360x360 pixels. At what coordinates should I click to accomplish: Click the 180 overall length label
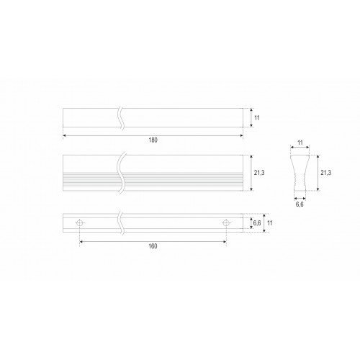(153, 140)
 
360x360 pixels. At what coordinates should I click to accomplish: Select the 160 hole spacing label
(153, 246)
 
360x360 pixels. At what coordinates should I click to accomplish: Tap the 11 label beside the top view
(257, 118)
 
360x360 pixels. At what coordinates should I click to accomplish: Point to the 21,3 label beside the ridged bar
(259, 173)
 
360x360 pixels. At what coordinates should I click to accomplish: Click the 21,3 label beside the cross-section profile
(325, 173)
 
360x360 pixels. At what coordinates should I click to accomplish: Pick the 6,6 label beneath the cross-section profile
(300, 204)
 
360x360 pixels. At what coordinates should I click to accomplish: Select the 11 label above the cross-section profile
(300, 143)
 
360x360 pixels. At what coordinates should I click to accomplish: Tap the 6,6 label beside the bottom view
(257, 223)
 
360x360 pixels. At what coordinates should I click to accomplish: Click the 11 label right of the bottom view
(270, 223)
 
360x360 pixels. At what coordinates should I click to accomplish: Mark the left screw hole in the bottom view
(80, 223)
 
